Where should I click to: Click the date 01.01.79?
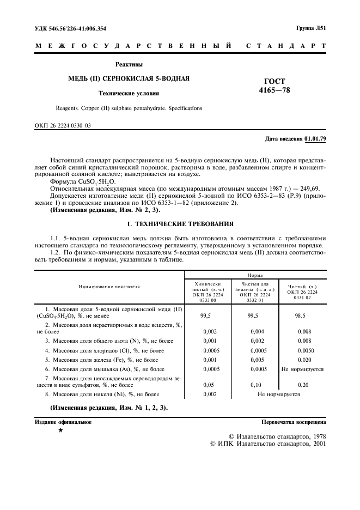tap(315, 139)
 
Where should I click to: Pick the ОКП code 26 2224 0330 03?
tap(63, 126)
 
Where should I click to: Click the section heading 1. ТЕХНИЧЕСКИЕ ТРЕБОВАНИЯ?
tap(180, 223)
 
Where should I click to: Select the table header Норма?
tap(257, 276)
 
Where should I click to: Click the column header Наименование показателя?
tap(108, 286)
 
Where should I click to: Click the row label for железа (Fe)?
tap(103, 360)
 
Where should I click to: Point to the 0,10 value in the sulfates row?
tap(255, 384)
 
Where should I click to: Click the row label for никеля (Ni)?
tap(103, 393)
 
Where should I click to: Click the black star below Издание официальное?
tap(60, 431)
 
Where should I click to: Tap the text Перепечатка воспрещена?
tap(294, 422)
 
